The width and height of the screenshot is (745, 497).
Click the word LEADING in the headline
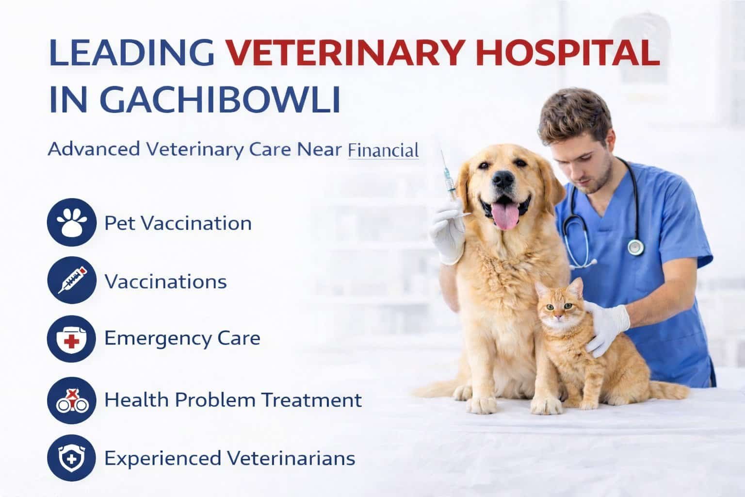(131, 52)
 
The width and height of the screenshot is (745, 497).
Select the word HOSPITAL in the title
(568, 52)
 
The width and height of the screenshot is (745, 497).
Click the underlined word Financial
(383, 150)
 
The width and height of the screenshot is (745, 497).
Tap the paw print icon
(71, 222)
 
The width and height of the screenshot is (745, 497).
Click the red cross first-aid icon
(71, 339)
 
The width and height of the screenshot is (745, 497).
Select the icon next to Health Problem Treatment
(71, 400)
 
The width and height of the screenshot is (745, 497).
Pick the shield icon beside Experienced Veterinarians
(71, 458)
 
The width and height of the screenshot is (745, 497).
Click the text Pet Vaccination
(178, 223)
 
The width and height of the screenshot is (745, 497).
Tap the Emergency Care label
(182, 339)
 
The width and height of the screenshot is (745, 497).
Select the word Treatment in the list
(311, 399)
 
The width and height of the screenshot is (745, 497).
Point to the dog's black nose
(503, 180)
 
